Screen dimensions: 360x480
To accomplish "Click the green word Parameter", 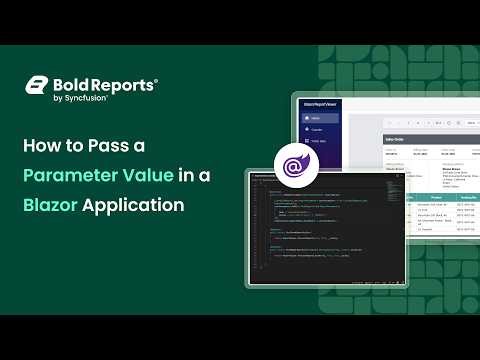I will (73, 175).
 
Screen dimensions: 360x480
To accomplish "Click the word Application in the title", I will (134, 206).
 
